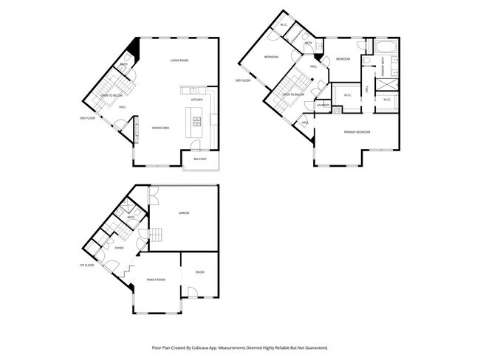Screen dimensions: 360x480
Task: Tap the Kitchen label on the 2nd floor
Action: click(197, 100)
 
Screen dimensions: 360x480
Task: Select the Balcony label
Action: click(199, 159)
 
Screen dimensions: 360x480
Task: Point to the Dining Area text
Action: click(161, 128)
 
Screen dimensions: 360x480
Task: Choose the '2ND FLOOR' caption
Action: click(87, 118)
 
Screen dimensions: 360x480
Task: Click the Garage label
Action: click(184, 212)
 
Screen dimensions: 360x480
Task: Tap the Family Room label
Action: click(156, 280)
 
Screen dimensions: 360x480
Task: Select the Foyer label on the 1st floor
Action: click(119, 248)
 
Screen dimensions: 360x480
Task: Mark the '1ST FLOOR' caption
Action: click(87, 265)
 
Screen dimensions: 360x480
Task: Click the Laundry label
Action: click(322, 105)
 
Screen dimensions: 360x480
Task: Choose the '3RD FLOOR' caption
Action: click(243, 80)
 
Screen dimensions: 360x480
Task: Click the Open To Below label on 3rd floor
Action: click(294, 94)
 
